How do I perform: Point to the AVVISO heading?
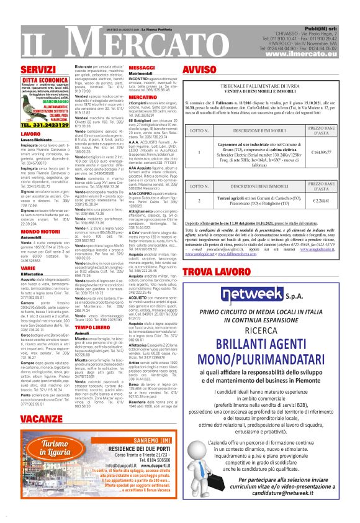click(199, 68)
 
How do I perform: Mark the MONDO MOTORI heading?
click(40, 231)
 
